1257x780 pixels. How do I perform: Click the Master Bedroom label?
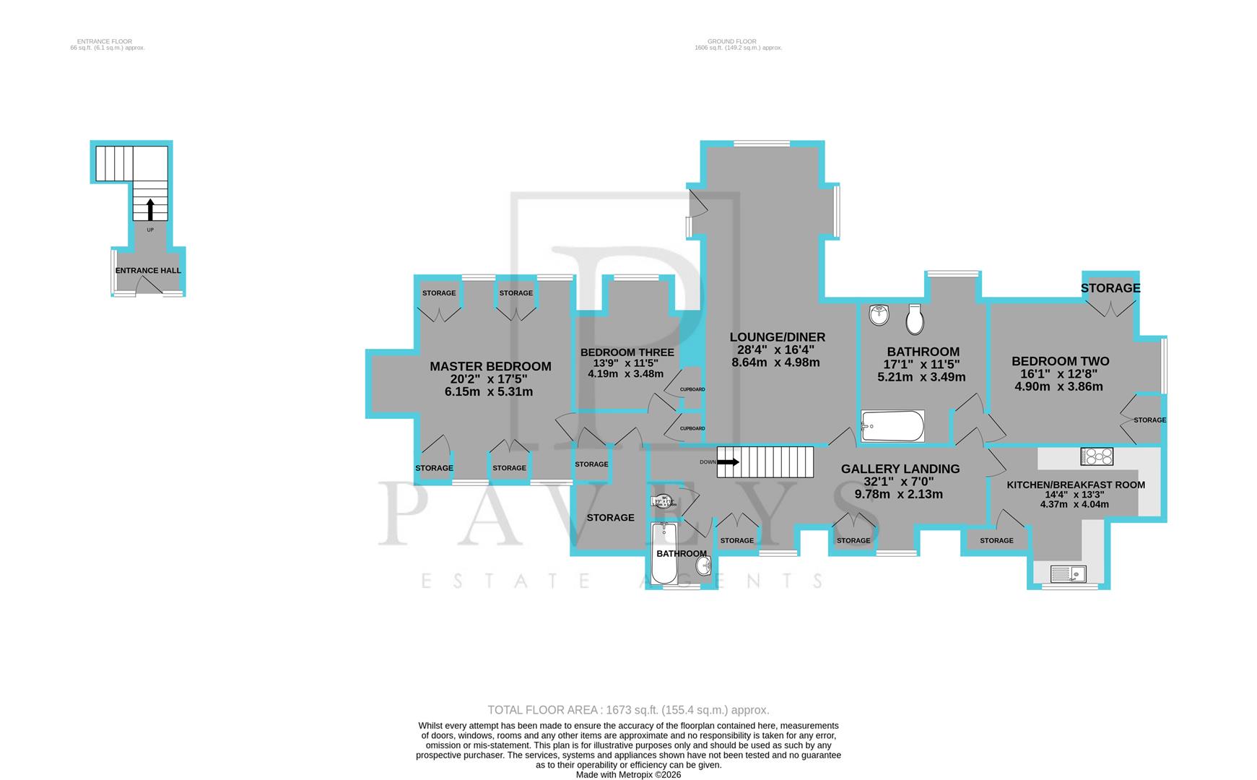(x=490, y=367)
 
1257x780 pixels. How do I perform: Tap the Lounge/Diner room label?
(x=777, y=337)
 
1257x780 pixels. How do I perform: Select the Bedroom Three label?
(x=627, y=352)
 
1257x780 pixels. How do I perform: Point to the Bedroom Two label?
(x=1060, y=361)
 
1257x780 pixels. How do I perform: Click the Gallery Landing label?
(x=900, y=469)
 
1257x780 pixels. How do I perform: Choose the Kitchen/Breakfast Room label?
(x=1075, y=485)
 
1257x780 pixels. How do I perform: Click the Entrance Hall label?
(x=148, y=271)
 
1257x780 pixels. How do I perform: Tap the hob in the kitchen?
(x=1096, y=456)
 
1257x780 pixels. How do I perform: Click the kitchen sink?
(x=1068, y=574)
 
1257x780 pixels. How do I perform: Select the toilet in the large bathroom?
(x=915, y=318)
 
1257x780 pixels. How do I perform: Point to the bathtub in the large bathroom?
(x=892, y=426)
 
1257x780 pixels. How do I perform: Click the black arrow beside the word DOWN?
(x=728, y=462)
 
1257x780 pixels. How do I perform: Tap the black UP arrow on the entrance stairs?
(x=150, y=209)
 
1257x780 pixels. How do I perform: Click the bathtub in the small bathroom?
(x=664, y=553)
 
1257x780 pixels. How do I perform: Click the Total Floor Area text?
(x=628, y=710)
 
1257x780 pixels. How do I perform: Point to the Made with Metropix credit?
(x=628, y=774)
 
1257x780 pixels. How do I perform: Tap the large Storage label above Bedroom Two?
(x=1110, y=288)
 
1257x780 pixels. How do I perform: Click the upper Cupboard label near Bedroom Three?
(x=692, y=389)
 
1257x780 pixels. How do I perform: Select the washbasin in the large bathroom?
(x=879, y=314)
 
